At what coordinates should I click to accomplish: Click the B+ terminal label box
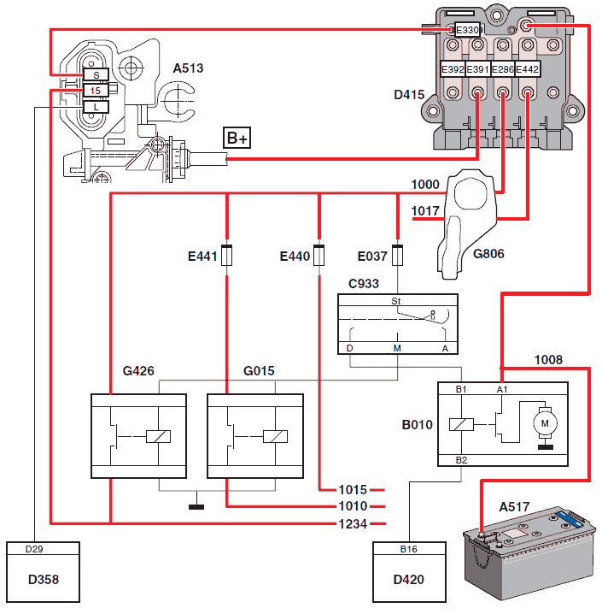(237, 139)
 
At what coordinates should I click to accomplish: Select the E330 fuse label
(467, 30)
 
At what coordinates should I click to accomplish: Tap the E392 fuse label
(452, 70)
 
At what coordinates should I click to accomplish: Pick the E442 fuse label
(528, 70)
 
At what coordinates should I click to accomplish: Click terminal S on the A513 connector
(96, 75)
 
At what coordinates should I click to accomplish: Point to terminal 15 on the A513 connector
(96, 91)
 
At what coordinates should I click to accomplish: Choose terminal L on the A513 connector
(96, 107)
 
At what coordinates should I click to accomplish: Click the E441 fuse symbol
(227, 256)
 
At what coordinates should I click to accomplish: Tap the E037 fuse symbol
(397, 256)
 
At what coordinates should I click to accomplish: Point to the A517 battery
(527, 556)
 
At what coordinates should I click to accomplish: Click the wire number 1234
(353, 522)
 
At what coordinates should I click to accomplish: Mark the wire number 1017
(425, 211)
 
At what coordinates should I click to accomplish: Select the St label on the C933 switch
(396, 301)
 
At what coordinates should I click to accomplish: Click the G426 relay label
(137, 371)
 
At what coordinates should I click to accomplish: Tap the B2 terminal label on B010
(462, 460)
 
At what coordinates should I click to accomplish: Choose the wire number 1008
(548, 359)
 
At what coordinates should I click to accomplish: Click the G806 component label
(488, 253)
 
